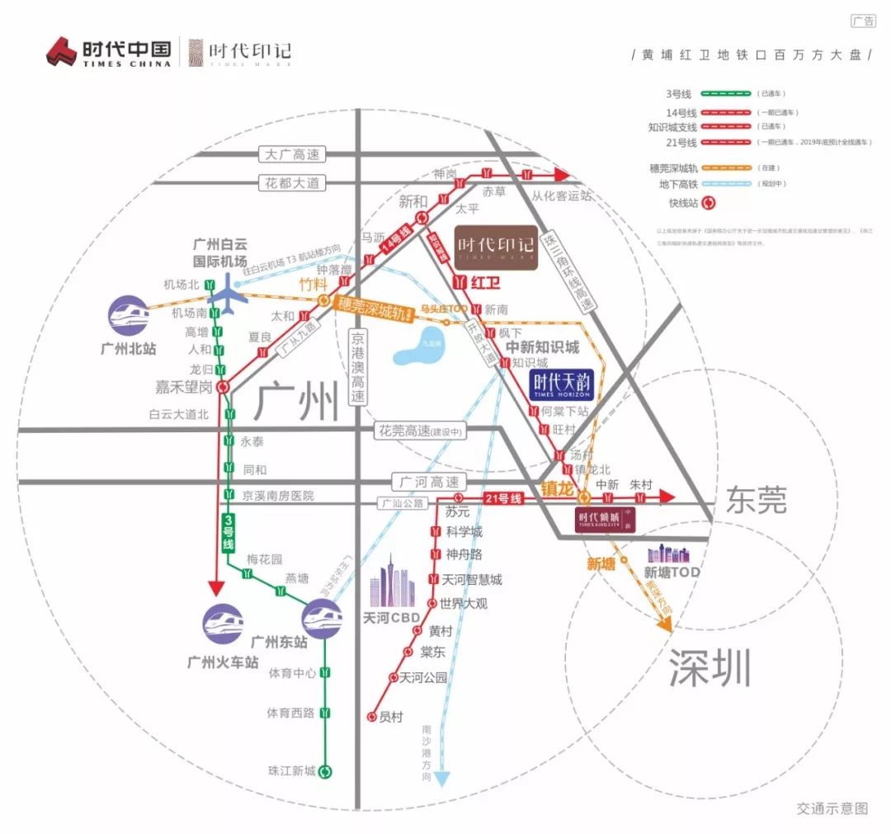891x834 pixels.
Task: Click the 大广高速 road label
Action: tap(291, 154)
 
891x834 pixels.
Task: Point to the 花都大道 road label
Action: tap(291, 182)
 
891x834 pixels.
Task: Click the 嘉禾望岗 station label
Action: tap(184, 387)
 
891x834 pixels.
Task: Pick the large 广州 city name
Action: tap(296, 403)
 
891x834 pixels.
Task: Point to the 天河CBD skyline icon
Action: tap(392, 587)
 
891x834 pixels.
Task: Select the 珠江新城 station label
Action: tap(292, 771)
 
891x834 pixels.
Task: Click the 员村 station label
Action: tap(391, 717)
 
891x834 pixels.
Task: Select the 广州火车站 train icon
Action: tap(223, 624)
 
